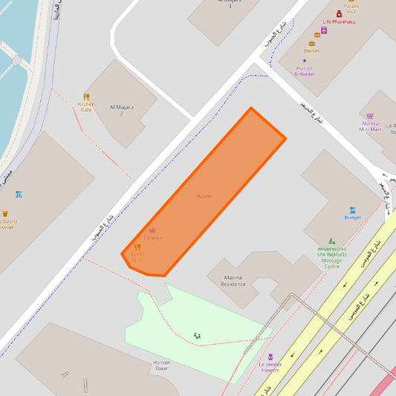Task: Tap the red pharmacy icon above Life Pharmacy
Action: (x=340, y=13)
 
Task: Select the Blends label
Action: (x=312, y=51)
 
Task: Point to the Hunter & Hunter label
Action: (x=305, y=71)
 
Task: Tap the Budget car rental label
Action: (x=353, y=218)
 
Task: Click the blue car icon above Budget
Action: (x=353, y=209)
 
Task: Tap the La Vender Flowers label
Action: (x=270, y=367)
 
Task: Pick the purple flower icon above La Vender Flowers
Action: (x=270, y=357)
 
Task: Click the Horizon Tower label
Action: (x=161, y=365)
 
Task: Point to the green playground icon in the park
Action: (x=197, y=336)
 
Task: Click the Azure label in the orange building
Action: (x=204, y=196)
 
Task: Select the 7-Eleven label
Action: (x=152, y=238)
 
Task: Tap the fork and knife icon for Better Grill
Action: (x=137, y=247)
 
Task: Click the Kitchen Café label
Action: (x=86, y=107)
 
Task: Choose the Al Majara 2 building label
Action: (x=121, y=110)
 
